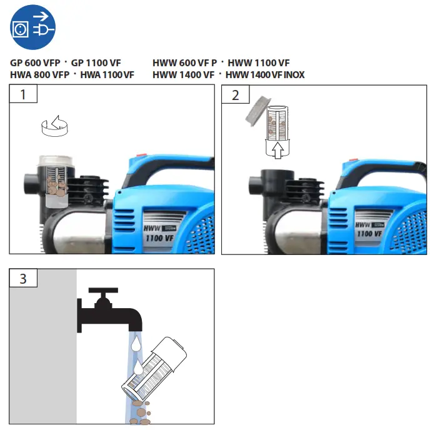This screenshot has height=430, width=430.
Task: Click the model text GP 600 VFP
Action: click(35, 63)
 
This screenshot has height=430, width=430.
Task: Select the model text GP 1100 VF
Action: click(96, 63)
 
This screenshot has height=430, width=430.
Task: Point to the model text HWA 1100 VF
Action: click(107, 75)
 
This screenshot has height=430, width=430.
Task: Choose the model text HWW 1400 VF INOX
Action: click(265, 75)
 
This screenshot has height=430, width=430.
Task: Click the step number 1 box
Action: click(23, 95)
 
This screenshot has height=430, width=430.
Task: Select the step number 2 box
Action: click(235, 95)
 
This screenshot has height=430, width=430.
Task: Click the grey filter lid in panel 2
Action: click(257, 110)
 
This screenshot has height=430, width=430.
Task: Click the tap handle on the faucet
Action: click(103, 292)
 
